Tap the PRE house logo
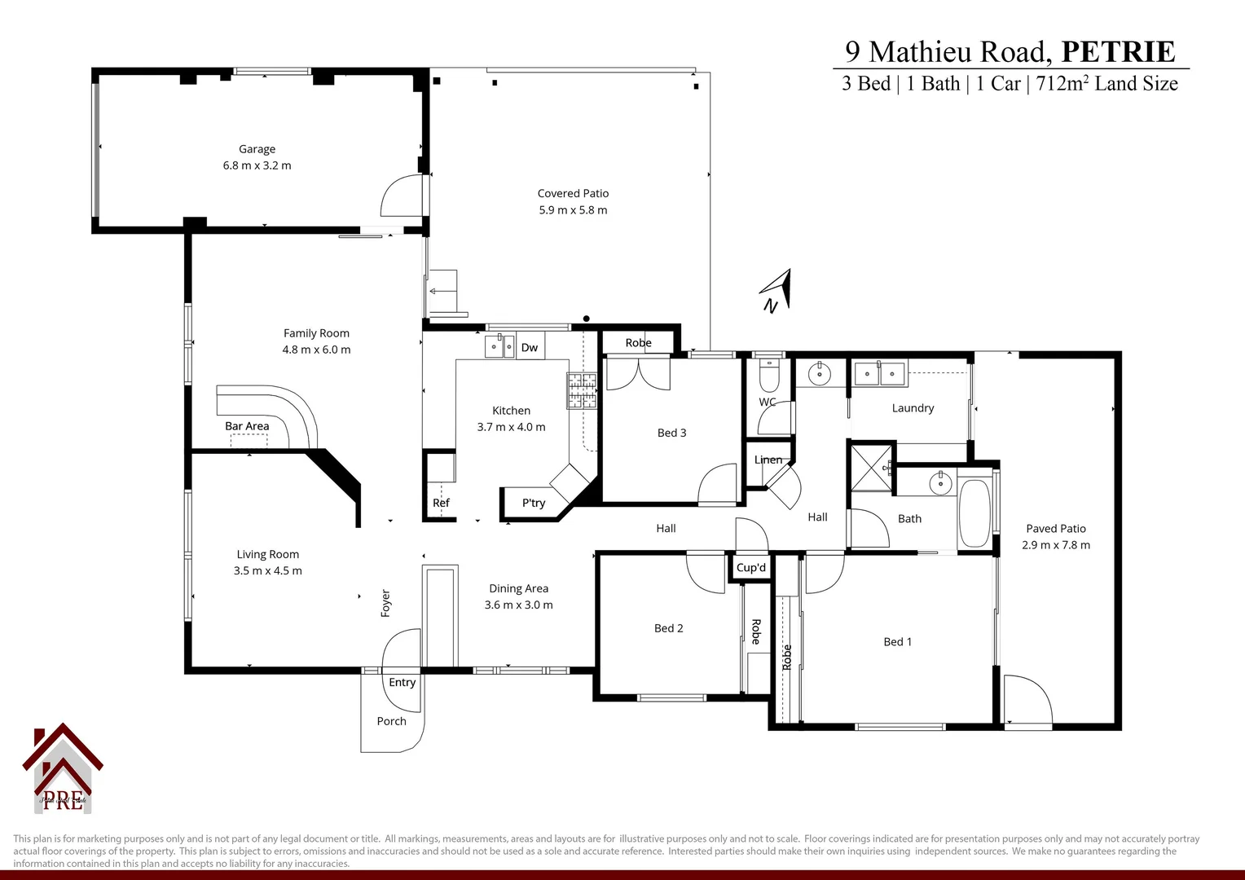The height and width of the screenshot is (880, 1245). (x=63, y=769)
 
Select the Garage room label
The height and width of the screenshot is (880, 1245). (x=257, y=149)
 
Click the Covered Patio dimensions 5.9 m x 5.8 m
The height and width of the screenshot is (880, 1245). (x=573, y=210)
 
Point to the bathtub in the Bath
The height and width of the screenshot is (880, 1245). (x=974, y=513)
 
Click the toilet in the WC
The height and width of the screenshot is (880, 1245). (x=769, y=376)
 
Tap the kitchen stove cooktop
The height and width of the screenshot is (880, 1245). (x=583, y=390)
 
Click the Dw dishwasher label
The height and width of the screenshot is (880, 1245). (x=530, y=348)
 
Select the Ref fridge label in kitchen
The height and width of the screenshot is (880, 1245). (x=441, y=503)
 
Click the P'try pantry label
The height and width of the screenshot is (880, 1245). (x=534, y=503)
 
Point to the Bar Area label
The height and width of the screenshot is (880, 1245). (x=247, y=426)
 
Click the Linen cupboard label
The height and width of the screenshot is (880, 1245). (x=768, y=460)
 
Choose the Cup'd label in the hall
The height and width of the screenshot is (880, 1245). (x=750, y=568)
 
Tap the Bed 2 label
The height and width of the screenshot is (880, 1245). (x=668, y=628)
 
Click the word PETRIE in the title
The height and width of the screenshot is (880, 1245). (x=1118, y=52)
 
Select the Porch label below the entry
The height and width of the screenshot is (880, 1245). (x=391, y=721)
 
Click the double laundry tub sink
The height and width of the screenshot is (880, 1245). (x=879, y=374)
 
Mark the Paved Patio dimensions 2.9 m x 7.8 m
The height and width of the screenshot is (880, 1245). (x=1056, y=545)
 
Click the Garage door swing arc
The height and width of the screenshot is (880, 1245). (x=403, y=196)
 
